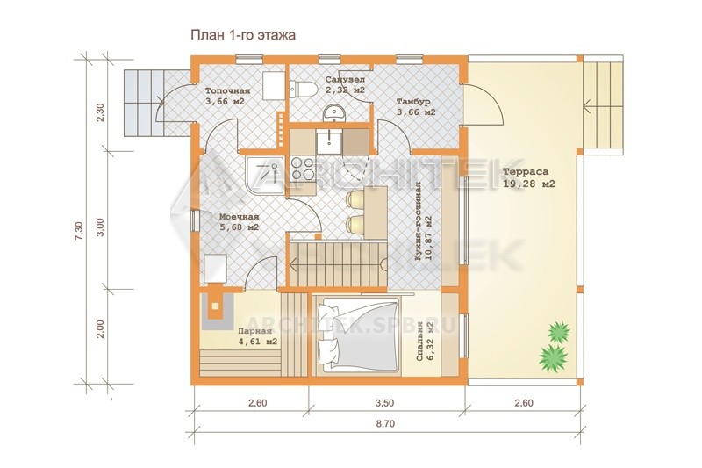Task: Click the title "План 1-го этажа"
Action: tap(243, 35)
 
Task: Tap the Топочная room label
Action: tap(227, 91)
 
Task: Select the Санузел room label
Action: tap(345, 79)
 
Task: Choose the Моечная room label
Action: tap(239, 217)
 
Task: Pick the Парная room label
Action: tap(254, 331)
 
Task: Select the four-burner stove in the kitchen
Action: tap(303, 169)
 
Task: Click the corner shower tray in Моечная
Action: tap(264, 176)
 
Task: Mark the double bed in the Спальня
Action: tap(357, 335)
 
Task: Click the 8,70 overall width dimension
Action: tap(385, 423)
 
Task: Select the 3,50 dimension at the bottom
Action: tap(385, 403)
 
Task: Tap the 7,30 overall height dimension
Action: tap(79, 232)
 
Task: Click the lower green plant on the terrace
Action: tap(554, 358)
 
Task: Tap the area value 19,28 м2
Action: tap(529, 184)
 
